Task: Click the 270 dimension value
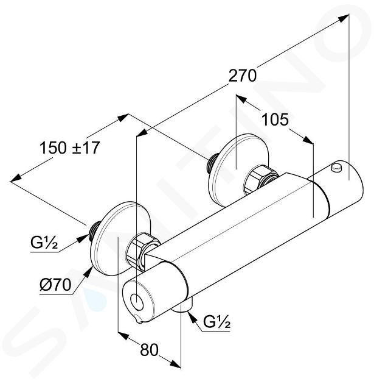point(242,76)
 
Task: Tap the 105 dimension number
point(275,119)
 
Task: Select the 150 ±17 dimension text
point(69,148)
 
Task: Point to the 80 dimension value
point(149,350)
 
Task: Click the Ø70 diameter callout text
point(55,285)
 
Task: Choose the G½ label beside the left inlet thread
point(44,243)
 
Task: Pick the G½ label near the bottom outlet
point(217,322)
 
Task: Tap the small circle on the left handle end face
point(137,301)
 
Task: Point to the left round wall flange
point(115,239)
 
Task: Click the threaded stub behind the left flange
point(94,230)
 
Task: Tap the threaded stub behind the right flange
point(212,162)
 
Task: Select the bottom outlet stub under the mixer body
point(182,308)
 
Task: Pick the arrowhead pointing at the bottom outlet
point(193,317)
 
